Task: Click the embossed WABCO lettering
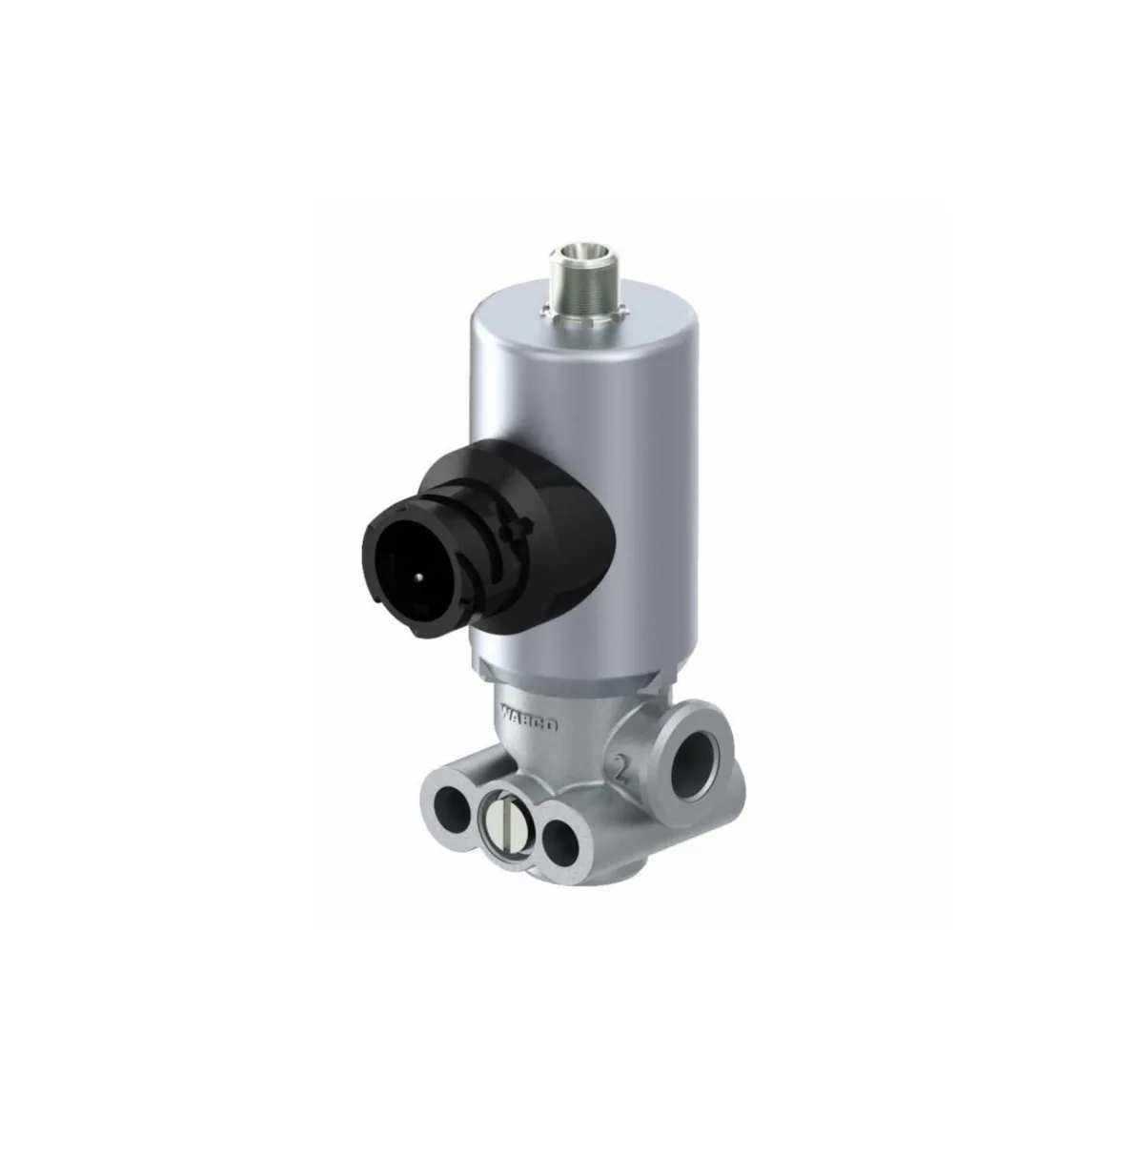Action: point(528,717)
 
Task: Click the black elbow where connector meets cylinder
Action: point(562,534)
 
